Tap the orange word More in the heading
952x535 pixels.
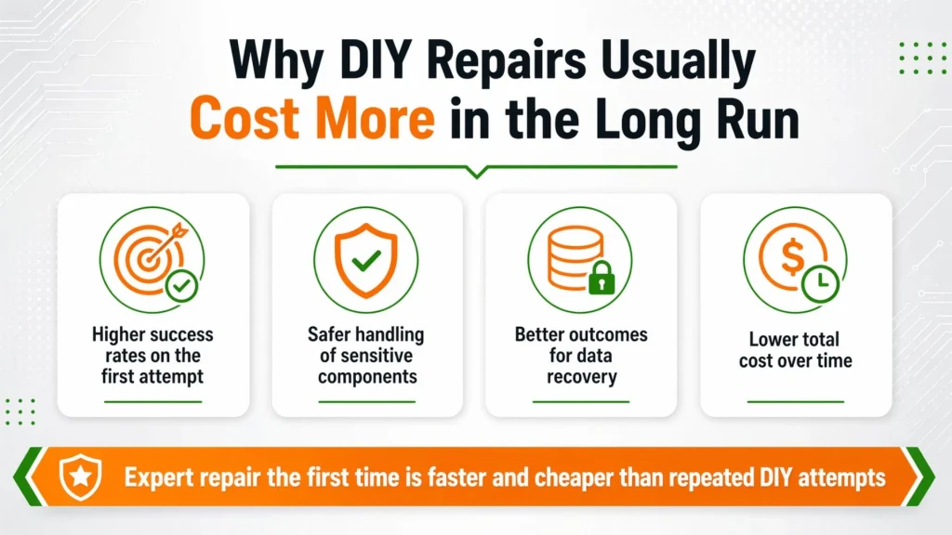click(x=376, y=118)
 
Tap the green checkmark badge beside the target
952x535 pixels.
click(x=181, y=285)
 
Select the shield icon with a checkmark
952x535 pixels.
click(x=366, y=260)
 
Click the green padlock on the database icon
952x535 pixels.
click(x=602, y=278)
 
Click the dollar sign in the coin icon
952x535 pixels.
click(x=792, y=256)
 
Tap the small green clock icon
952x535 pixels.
click(x=820, y=283)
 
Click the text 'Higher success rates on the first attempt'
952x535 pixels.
click(x=152, y=356)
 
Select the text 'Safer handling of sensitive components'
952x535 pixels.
click(x=366, y=356)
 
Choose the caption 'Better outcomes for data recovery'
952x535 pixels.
click(x=581, y=356)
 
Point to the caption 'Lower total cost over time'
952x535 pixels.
click(x=796, y=350)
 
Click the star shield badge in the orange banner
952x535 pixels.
click(x=80, y=476)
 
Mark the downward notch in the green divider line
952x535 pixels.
click(x=477, y=173)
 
